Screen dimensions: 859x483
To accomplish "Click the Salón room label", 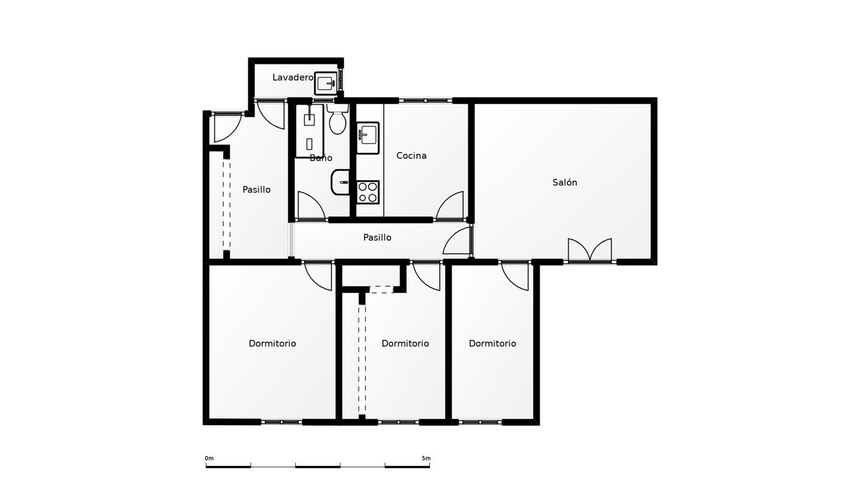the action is click(x=564, y=182).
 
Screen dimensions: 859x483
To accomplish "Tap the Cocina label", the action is click(x=411, y=156).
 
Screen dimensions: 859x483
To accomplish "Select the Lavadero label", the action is click(x=292, y=78).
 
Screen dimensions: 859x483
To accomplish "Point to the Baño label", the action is click(x=321, y=158).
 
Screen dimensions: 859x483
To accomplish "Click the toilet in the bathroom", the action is click(x=338, y=119).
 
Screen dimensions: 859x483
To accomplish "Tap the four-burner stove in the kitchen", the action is click(x=367, y=192).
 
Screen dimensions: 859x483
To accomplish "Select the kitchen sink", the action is click(x=367, y=138).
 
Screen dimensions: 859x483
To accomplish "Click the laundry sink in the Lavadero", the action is click(x=326, y=83).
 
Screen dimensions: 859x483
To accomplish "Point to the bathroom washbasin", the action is click(x=341, y=182).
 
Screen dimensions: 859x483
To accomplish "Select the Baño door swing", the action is click(x=311, y=206).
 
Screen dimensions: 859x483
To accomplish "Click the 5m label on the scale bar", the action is click(x=426, y=459).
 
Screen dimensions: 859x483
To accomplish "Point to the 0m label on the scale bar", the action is click(x=209, y=459).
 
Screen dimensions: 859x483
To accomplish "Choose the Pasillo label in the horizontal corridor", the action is click(x=378, y=238).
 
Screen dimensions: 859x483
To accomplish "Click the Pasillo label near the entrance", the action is click(x=257, y=190).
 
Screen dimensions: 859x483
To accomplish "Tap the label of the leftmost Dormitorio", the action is click(x=272, y=343).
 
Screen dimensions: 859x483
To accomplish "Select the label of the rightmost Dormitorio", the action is click(x=492, y=343).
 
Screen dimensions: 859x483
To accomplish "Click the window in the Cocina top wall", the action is click(x=425, y=100).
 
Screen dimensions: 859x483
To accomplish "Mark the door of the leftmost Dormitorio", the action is click(x=318, y=276).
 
